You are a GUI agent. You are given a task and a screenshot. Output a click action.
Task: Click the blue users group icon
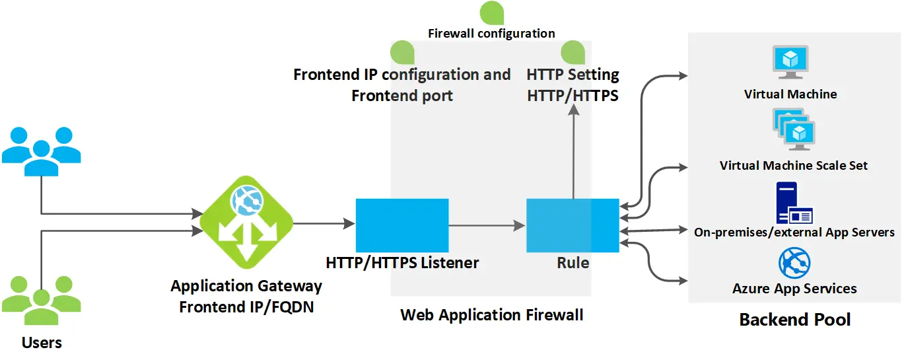[x=41, y=151]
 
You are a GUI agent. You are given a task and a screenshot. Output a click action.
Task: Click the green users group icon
[x=41, y=301]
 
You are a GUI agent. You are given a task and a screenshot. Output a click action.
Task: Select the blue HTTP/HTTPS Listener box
[x=402, y=225]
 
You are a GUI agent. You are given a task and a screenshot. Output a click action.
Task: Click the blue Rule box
[x=573, y=225]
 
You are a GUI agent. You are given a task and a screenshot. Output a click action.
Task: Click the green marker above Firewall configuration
[x=491, y=13]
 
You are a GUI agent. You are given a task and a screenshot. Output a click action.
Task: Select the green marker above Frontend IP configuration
[x=401, y=52]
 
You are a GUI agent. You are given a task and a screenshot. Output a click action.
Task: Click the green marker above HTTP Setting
[x=573, y=52]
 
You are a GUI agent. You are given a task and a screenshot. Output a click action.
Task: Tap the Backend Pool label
[x=794, y=320]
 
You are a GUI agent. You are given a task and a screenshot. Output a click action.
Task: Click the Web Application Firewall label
[x=491, y=315]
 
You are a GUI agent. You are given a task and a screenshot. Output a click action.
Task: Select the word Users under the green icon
[x=42, y=343]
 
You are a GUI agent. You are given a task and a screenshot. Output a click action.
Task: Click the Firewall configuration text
[x=491, y=33]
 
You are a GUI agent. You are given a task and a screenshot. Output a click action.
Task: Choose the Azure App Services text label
[x=794, y=289]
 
